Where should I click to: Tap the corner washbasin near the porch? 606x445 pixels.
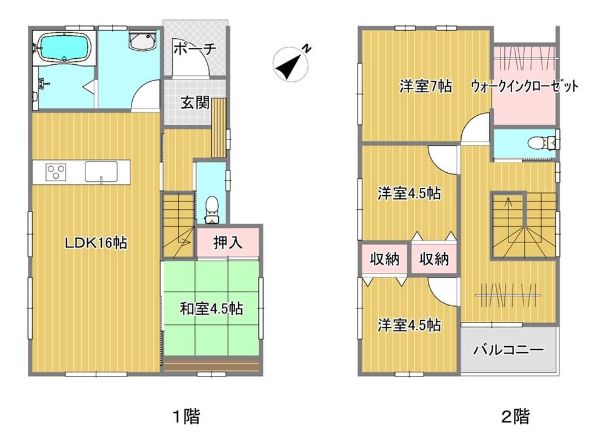pyautogui.click(x=142, y=41)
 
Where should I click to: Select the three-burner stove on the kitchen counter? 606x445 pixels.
pyautogui.click(x=56, y=172)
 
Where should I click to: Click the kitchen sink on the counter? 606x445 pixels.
pyautogui.click(x=101, y=172)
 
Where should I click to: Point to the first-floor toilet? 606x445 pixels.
pyautogui.click(x=211, y=210)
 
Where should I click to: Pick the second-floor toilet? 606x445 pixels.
pyautogui.click(x=541, y=142)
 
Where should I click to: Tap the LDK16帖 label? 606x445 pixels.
pyautogui.click(x=96, y=243)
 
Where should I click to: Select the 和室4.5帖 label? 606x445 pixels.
pyautogui.click(x=211, y=309)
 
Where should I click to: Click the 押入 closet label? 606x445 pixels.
pyautogui.click(x=228, y=242)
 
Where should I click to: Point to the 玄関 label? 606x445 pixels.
pyautogui.click(x=195, y=103)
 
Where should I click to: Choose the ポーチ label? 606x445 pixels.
pyautogui.click(x=195, y=49)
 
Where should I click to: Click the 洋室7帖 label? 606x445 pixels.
pyautogui.click(x=425, y=86)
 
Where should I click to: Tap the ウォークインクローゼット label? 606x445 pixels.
pyautogui.click(x=524, y=86)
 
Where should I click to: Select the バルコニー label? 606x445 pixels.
pyautogui.click(x=508, y=350)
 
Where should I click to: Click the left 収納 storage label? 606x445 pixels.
pyautogui.click(x=384, y=259)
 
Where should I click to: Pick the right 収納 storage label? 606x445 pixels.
pyautogui.click(x=434, y=259)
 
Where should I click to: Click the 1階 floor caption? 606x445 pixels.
pyautogui.click(x=186, y=417)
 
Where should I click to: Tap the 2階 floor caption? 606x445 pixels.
pyautogui.click(x=516, y=417)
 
